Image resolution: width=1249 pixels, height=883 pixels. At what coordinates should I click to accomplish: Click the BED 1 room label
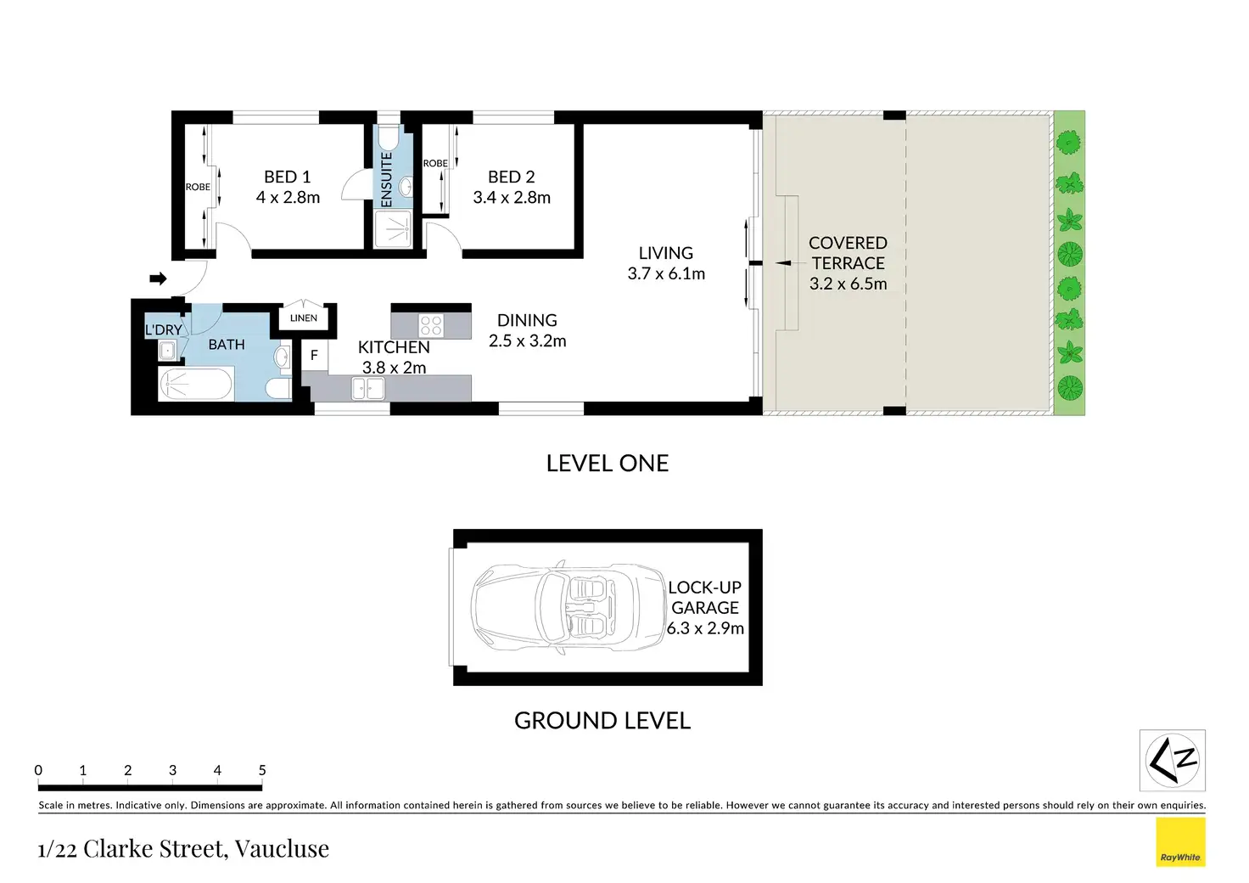pyautogui.click(x=287, y=177)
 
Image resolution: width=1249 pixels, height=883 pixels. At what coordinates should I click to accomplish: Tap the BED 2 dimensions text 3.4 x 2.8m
pyautogui.click(x=512, y=198)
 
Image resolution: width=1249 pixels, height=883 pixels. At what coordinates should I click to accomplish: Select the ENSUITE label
pyautogui.click(x=386, y=180)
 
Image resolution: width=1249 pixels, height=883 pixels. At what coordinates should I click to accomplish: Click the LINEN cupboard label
pyautogui.click(x=303, y=318)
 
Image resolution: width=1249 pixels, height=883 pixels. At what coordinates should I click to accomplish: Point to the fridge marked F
pyautogui.click(x=315, y=355)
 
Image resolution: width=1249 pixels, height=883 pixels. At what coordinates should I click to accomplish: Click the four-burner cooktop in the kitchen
pyautogui.click(x=431, y=325)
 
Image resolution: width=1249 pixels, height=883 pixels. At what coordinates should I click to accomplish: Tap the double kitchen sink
pyautogui.click(x=368, y=388)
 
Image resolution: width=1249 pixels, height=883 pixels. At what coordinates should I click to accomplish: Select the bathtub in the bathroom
pyautogui.click(x=195, y=384)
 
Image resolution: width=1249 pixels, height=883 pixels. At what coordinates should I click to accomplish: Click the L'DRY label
pyautogui.click(x=164, y=329)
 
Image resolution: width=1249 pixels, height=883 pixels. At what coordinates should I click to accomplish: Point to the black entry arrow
pyautogui.click(x=159, y=278)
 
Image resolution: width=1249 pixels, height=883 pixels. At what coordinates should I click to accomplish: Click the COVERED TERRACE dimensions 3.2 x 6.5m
pyautogui.click(x=849, y=284)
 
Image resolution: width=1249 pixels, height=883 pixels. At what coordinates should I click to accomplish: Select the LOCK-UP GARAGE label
pyautogui.click(x=705, y=597)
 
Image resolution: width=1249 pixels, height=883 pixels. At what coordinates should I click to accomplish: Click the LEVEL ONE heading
pyautogui.click(x=608, y=464)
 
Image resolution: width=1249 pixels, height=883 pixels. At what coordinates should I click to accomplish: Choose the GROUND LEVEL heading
pyautogui.click(x=602, y=721)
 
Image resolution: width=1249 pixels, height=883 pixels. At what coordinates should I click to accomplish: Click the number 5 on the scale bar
pyautogui.click(x=262, y=770)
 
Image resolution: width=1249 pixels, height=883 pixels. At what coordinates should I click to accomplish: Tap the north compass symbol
pyautogui.click(x=1172, y=760)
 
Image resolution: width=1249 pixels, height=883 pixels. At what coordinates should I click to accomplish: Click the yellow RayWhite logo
pyautogui.click(x=1180, y=841)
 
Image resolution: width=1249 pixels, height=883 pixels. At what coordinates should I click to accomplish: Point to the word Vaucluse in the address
pyautogui.click(x=282, y=848)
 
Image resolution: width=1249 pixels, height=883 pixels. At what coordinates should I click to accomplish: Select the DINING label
pyautogui.click(x=527, y=320)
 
